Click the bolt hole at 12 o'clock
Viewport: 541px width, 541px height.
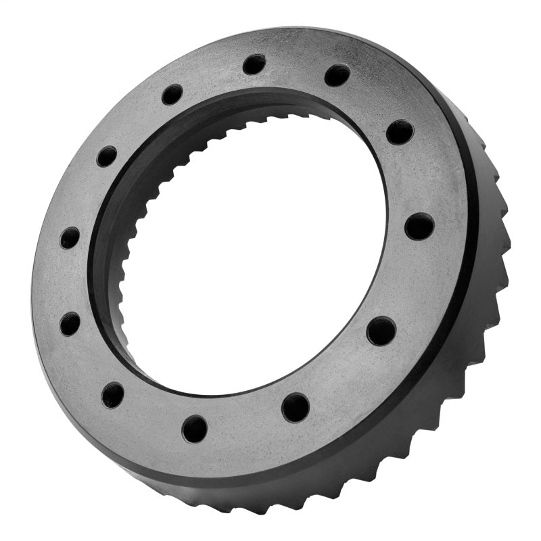point(254,64)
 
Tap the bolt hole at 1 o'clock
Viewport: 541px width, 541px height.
point(337,75)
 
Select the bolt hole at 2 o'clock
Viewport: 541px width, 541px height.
point(400,131)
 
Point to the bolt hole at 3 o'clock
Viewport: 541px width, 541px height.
point(419,226)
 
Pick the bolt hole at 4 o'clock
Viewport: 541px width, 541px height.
point(381,330)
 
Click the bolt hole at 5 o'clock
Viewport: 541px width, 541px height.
point(296,407)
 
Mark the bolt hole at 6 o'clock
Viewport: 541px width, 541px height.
point(195,428)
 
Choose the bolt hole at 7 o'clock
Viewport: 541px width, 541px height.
point(113,394)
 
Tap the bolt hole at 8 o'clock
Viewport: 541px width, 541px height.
point(70,323)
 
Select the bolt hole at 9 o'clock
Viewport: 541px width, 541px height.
point(70,237)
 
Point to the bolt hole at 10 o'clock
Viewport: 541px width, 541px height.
point(106,156)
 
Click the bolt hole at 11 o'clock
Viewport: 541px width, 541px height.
point(172,94)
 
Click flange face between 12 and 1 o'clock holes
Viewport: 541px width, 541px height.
point(296,64)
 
